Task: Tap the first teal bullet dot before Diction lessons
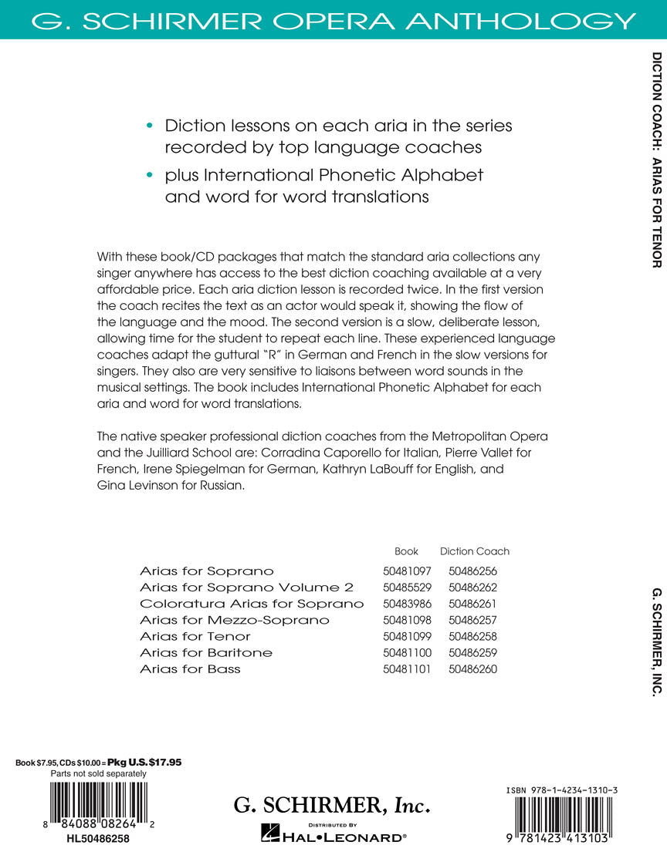click(149, 126)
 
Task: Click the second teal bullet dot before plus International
click(149, 175)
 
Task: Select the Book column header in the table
click(406, 551)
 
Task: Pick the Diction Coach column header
click(474, 551)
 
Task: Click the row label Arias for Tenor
click(195, 636)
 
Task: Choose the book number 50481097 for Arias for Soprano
click(406, 571)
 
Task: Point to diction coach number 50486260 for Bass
click(472, 669)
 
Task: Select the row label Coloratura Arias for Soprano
click(252, 604)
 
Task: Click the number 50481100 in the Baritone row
click(406, 653)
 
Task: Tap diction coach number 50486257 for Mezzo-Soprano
click(472, 620)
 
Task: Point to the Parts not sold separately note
click(98, 773)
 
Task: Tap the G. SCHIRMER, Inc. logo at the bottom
click(331, 806)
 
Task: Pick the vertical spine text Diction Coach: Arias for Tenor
click(656, 160)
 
